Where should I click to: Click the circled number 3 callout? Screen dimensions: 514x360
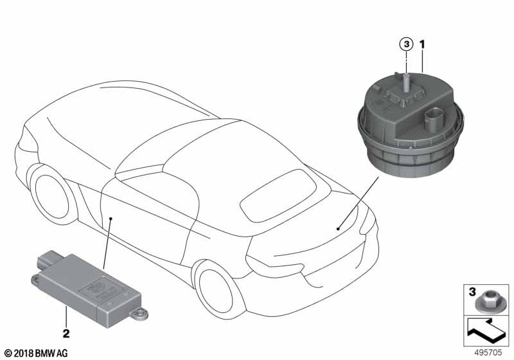click(x=406, y=44)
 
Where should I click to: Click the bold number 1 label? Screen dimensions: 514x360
click(x=423, y=44)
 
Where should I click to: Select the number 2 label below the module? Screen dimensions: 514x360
click(x=66, y=334)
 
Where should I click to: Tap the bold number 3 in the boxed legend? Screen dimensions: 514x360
click(x=472, y=291)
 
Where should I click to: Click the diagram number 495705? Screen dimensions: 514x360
click(x=488, y=352)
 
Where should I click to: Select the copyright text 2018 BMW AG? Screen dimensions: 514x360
click(x=36, y=354)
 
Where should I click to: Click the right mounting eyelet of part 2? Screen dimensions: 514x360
click(x=139, y=314)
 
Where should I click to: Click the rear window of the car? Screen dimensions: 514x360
click(x=278, y=195)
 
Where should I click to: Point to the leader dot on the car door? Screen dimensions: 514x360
click(x=111, y=218)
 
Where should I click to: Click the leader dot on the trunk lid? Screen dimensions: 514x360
click(x=339, y=229)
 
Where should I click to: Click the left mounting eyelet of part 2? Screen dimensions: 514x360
click(x=35, y=280)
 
